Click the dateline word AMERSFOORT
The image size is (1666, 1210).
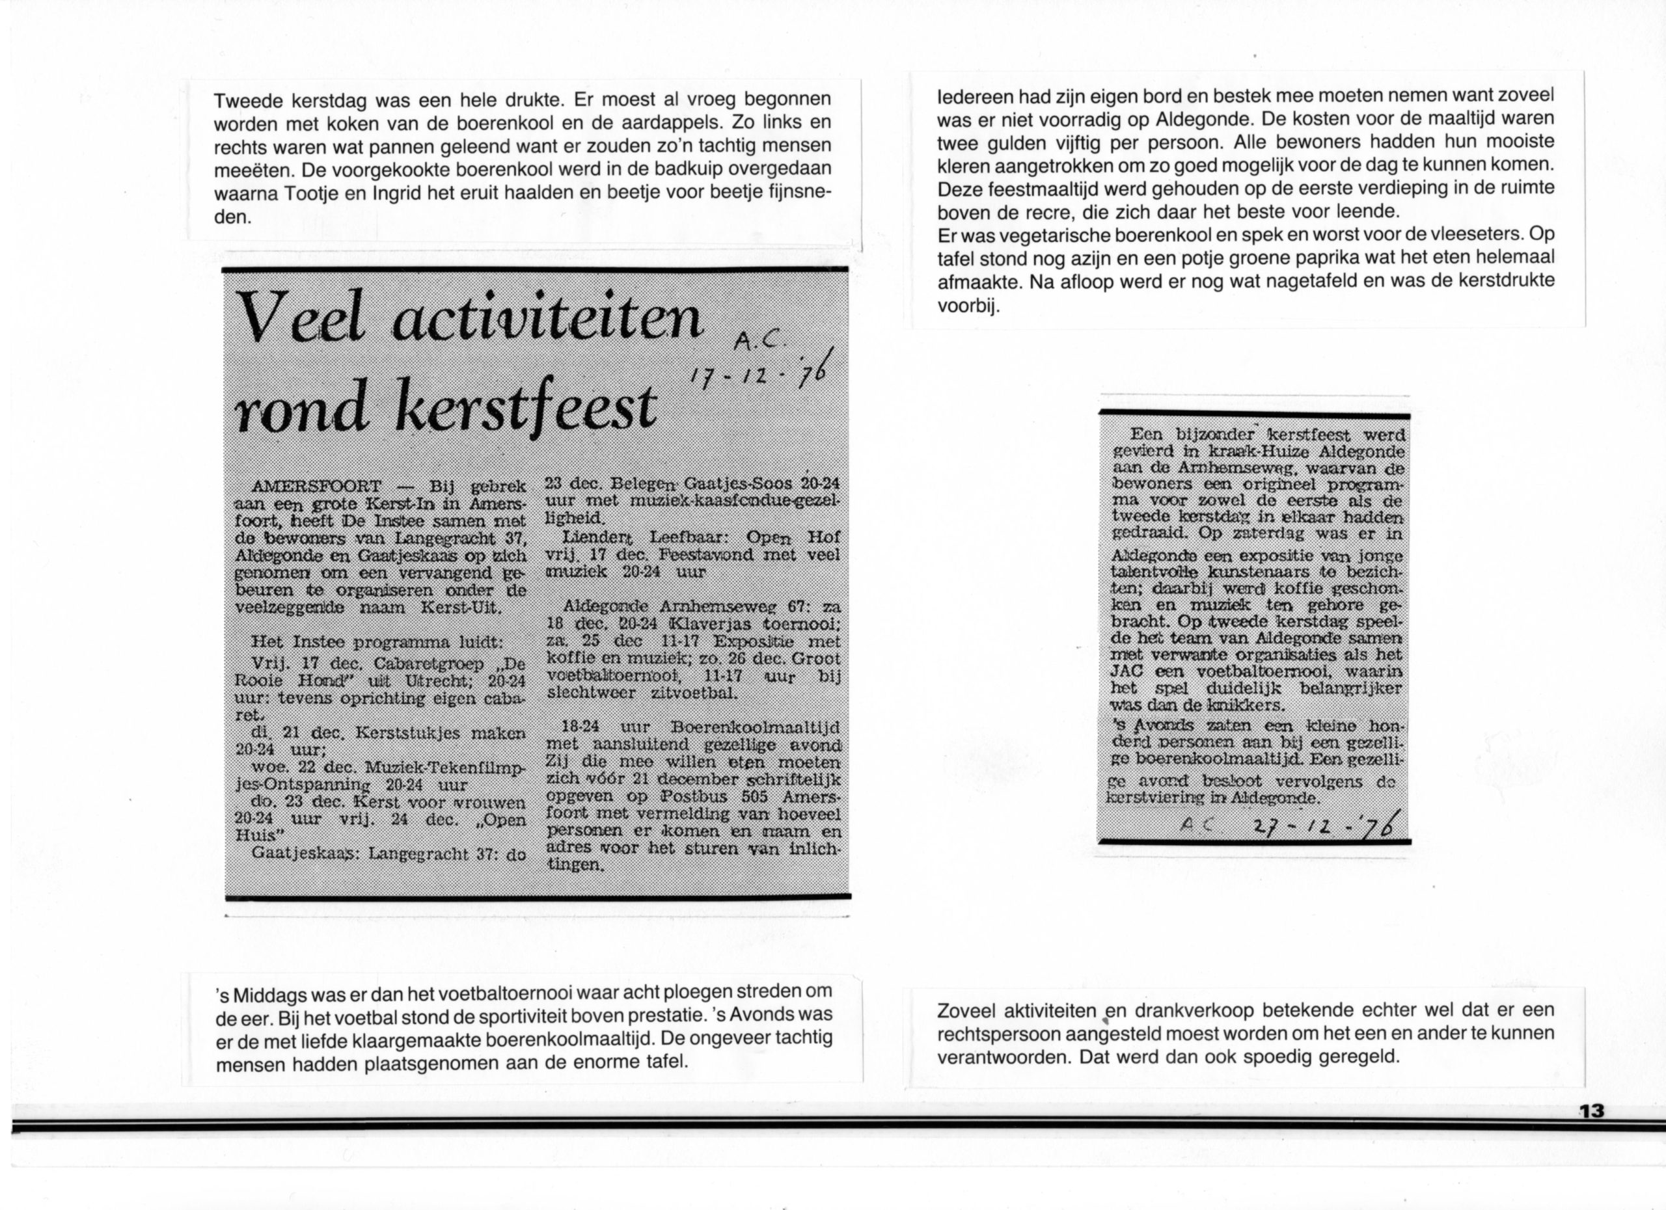[x=316, y=487]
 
